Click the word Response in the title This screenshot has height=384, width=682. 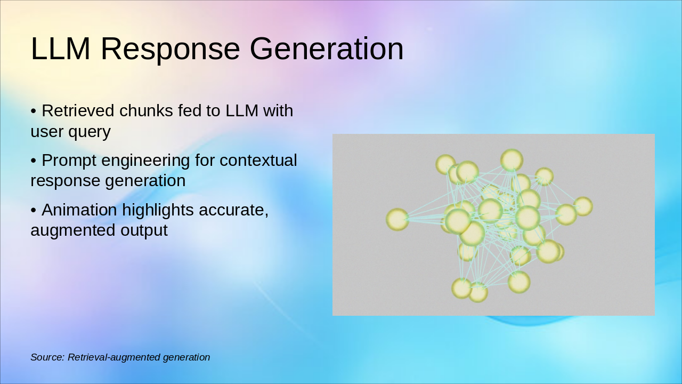[x=170, y=49]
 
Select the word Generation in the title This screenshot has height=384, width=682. [x=327, y=49]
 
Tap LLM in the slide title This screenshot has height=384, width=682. [x=61, y=49]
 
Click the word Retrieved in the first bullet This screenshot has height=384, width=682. [x=78, y=110]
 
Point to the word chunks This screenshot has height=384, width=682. [x=147, y=110]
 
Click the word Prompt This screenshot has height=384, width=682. [x=69, y=161]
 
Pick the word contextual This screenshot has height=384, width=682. [x=258, y=161]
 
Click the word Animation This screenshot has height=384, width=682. [x=79, y=210]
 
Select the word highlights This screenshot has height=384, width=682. [x=158, y=211]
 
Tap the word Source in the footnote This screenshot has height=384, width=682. [x=47, y=357]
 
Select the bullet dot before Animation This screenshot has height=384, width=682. [x=34, y=210]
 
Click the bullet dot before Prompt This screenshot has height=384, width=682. [x=34, y=161]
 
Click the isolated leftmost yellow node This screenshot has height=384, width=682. [x=397, y=219]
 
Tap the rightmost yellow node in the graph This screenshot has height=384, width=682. [x=583, y=206]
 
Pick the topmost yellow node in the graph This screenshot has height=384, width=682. [x=512, y=160]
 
